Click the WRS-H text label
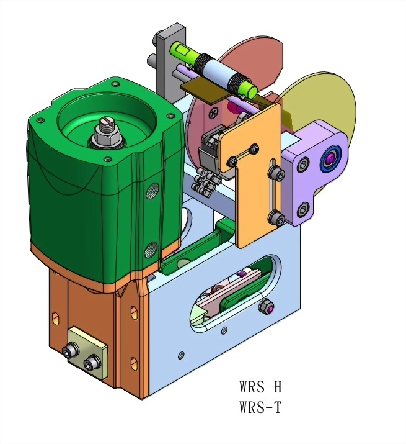260,386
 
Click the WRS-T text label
260,407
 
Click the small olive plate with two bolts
87,352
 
